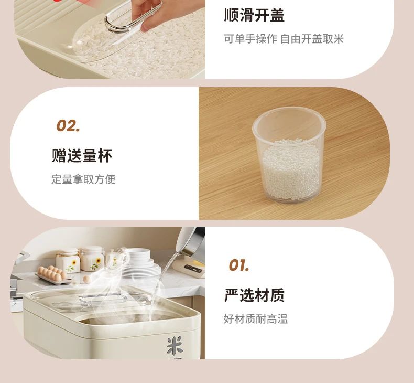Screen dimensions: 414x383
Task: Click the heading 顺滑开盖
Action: point(254,15)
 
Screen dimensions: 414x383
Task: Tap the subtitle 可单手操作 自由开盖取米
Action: point(284,39)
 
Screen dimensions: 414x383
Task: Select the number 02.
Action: point(68,126)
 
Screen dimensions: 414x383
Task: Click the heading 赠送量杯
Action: point(82,155)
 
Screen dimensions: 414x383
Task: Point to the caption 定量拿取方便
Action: point(83,179)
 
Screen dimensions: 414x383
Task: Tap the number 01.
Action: point(238,265)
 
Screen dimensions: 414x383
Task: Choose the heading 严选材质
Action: point(254,295)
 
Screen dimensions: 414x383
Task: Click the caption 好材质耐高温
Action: point(256,319)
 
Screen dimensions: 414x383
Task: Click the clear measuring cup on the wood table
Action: point(289,155)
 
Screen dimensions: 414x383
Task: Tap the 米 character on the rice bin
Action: point(175,345)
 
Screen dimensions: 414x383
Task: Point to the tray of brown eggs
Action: point(53,275)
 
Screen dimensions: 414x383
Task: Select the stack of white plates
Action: point(141,263)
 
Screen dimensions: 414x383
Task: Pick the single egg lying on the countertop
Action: point(87,280)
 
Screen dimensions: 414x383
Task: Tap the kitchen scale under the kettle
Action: point(189,268)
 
